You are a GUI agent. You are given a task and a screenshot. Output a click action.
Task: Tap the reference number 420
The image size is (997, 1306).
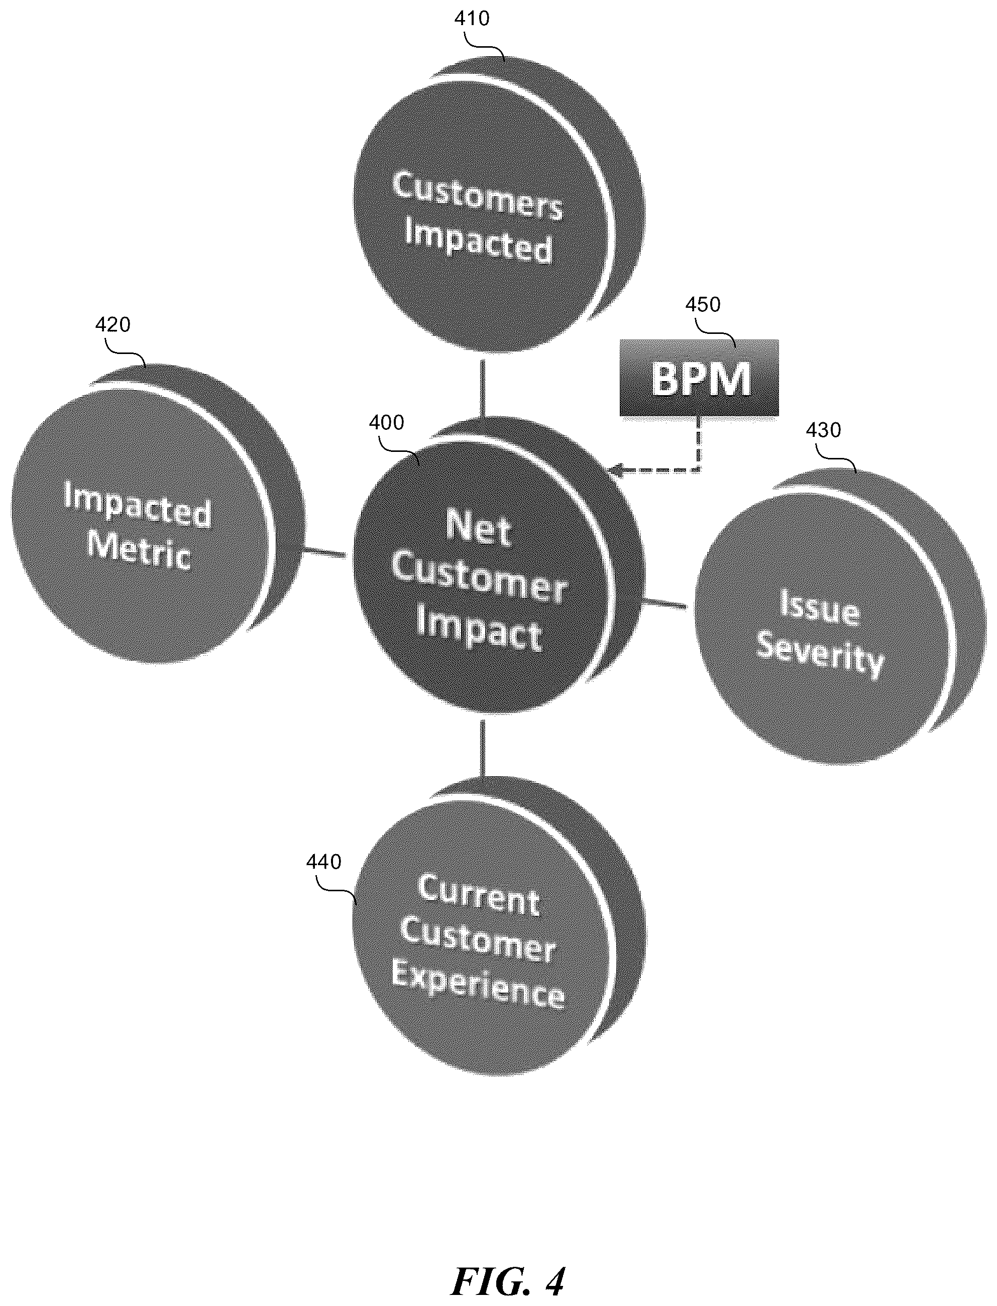click(x=113, y=324)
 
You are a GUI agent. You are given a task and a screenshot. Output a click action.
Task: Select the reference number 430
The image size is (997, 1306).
click(x=823, y=429)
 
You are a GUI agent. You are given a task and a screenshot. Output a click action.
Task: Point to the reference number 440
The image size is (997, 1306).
click(x=323, y=862)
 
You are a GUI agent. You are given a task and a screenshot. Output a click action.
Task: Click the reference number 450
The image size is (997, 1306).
click(x=703, y=304)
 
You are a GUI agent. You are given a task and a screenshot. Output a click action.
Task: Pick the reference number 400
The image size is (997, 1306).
click(x=386, y=422)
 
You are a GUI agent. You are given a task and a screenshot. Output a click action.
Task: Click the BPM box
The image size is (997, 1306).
click(x=699, y=378)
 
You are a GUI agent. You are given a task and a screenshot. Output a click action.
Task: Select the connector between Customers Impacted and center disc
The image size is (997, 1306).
click(x=483, y=389)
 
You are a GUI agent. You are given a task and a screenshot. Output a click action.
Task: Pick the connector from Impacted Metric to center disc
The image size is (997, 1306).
click(x=324, y=553)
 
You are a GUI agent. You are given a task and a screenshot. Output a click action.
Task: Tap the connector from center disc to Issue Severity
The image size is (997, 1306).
click(x=664, y=603)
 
